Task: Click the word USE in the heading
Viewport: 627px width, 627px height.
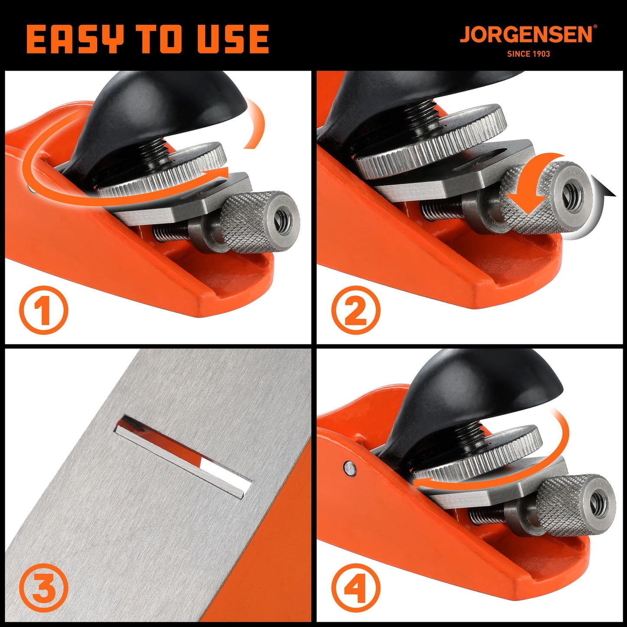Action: [233, 39]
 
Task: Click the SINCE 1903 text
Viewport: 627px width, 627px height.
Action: [529, 54]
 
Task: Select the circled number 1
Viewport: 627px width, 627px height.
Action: [43, 310]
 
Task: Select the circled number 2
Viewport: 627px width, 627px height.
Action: [355, 310]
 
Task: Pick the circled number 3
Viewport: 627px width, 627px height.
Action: [43, 588]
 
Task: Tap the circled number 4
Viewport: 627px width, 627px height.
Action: [355, 588]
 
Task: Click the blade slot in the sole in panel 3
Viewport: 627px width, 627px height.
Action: [182, 456]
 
